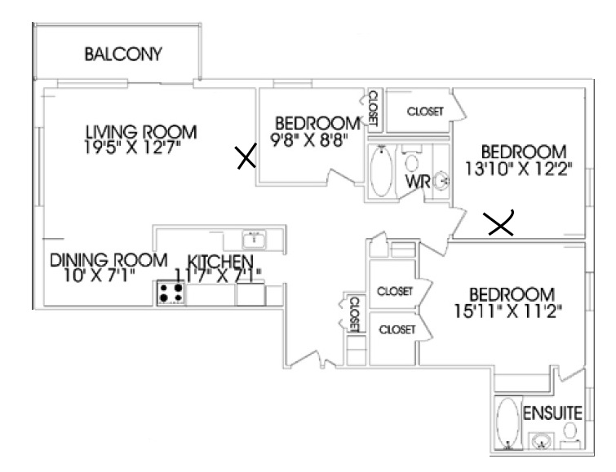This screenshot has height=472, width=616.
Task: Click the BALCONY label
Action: (123, 54)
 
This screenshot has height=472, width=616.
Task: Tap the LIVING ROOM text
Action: (141, 131)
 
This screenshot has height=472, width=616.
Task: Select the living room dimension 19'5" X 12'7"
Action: (133, 148)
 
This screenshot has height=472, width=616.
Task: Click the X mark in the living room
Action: (246, 156)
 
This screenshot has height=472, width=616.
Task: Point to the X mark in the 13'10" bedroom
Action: (499, 223)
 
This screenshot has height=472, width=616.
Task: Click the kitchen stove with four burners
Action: (171, 293)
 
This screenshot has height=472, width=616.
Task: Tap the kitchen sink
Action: (255, 239)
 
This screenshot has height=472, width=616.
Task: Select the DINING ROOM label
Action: (109, 260)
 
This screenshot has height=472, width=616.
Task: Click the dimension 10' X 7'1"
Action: (100, 276)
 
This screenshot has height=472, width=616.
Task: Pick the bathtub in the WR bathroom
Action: (381, 171)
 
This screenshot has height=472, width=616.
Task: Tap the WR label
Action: (418, 182)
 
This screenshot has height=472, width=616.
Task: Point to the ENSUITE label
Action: (552, 413)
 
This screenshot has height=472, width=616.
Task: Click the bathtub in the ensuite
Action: (507, 423)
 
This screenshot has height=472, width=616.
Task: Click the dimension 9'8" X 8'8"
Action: (310, 139)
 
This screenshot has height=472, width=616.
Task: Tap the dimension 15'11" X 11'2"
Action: (508, 311)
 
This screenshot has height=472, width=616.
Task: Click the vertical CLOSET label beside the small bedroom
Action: (373, 108)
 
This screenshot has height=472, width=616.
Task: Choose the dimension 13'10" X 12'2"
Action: (519, 169)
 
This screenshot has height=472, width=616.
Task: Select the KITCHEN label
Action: (220, 261)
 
